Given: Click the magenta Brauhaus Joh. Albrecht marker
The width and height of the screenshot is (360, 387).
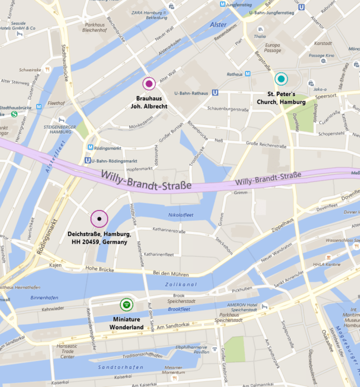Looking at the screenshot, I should pos(149,84).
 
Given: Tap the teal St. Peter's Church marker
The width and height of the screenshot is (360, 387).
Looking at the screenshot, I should pos(281,78).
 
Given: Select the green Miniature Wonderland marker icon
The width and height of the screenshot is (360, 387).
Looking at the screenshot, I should pos(127,305).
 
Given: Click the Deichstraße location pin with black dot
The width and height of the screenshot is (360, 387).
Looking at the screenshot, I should pos(99,218).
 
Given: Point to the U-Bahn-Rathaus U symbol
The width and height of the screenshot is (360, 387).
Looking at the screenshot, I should pos(215,92).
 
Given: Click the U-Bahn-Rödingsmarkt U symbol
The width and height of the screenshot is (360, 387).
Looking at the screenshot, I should pos(87,160).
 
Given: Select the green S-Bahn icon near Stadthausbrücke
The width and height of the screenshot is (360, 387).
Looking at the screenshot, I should pos(14,114).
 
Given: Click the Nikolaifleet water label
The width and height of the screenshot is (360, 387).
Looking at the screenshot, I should pos(180,215).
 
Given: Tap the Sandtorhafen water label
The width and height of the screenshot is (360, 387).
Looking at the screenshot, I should pos(121,367).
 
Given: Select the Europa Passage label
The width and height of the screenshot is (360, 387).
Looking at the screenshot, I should pos(272,47).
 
